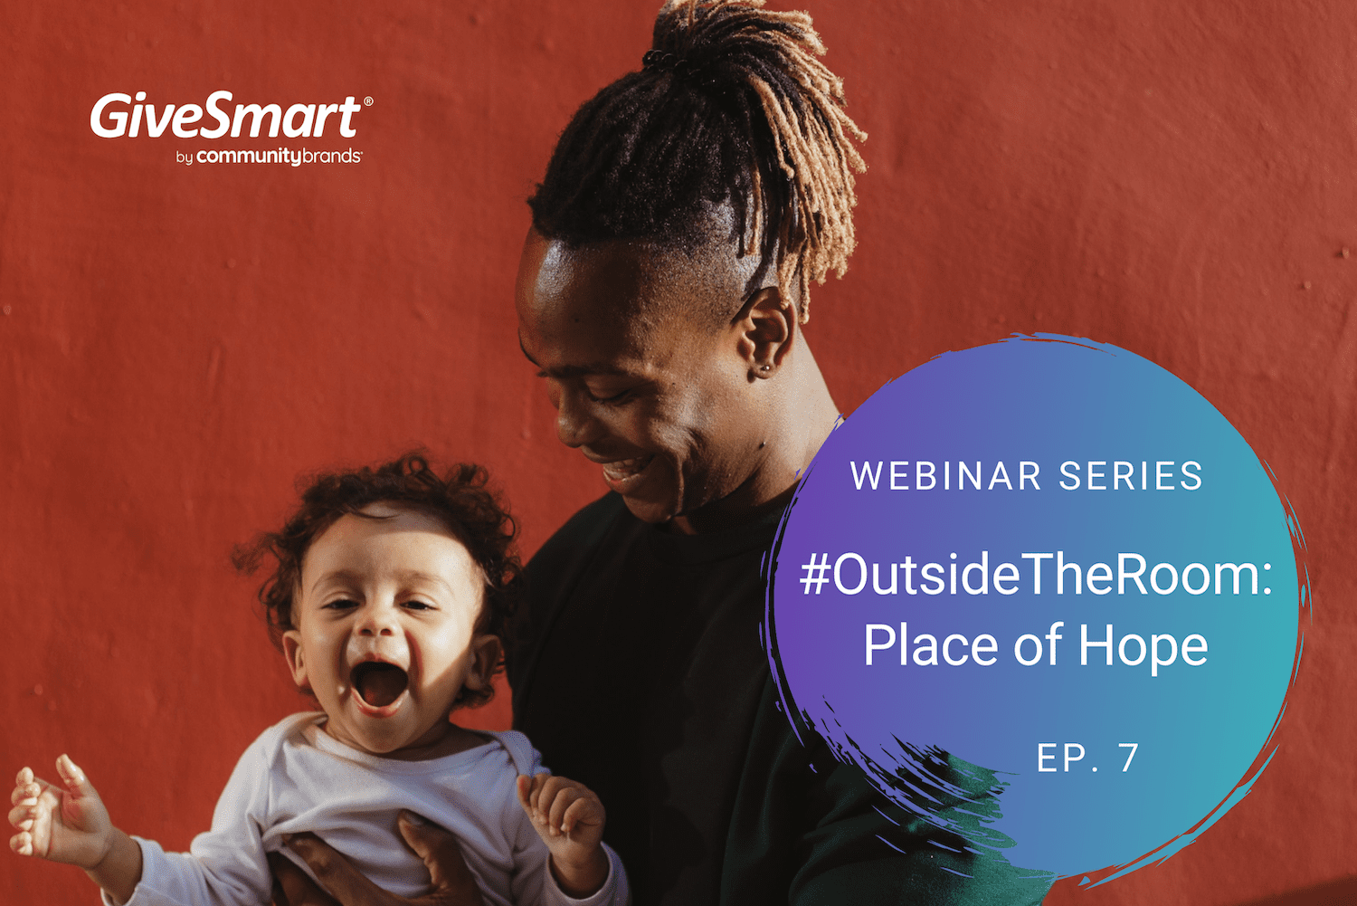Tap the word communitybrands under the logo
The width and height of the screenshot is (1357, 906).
tap(279, 156)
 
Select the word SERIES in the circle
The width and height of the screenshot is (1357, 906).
tap(1131, 476)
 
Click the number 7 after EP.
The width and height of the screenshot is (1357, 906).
tap(1129, 758)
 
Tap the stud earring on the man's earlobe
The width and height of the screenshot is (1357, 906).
tap(767, 367)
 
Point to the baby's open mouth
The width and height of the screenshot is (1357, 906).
tap(380, 686)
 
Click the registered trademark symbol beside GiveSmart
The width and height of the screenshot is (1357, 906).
tap(367, 101)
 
